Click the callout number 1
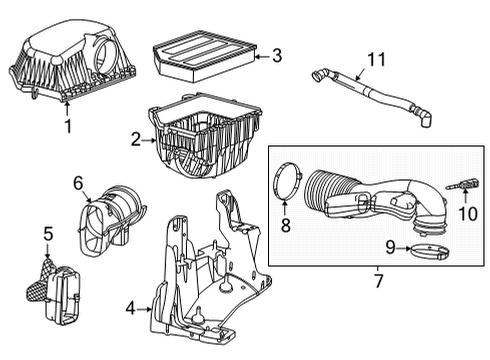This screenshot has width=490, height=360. tap(68, 127)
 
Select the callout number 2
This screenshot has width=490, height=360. tap(135, 142)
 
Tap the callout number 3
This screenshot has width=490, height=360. tap(277, 57)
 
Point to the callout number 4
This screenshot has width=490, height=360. tap(131, 310)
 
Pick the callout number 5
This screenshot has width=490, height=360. tap(46, 234)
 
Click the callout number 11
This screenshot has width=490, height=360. tap(375, 61)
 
